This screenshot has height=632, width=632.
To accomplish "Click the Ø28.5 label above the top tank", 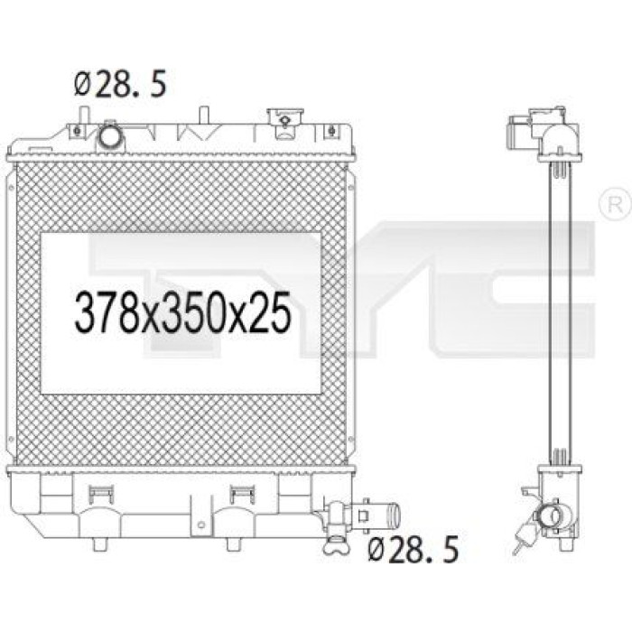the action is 120,84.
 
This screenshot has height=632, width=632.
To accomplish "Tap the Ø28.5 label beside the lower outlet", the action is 414,549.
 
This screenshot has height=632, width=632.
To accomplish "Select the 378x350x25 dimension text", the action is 182,311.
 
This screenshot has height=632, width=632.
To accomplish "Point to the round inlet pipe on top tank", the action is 110,136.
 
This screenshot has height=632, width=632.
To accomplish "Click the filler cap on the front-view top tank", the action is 284,120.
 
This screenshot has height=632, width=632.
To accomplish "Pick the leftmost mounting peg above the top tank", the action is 83,116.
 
